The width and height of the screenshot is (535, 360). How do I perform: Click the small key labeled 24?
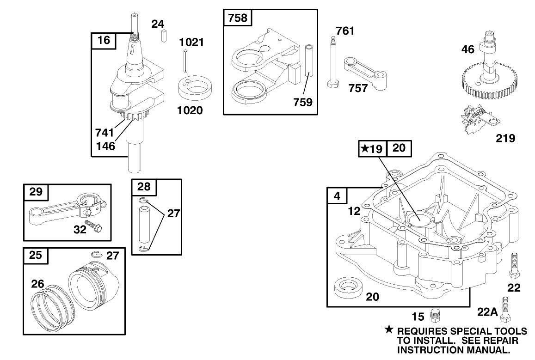(164, 36)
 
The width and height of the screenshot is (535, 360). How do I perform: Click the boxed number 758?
(238, 18)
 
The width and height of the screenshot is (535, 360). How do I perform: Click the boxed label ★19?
(372, 148)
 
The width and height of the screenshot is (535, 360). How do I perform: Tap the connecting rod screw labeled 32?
(96, 227)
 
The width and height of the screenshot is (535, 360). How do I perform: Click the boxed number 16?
(104, 40)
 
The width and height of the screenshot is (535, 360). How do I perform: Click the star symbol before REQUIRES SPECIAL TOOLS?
(389, 330)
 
